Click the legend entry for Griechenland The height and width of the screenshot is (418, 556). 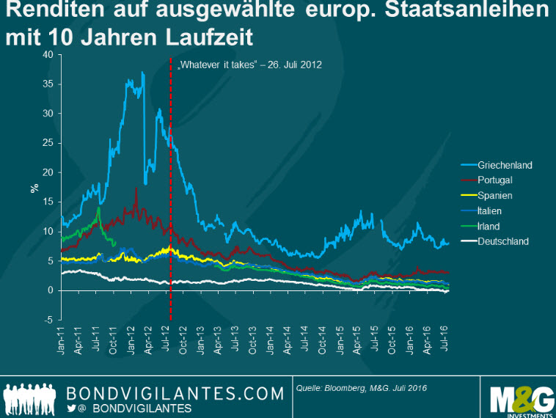tap(505, 165)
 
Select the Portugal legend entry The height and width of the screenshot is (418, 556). tap(494, 180)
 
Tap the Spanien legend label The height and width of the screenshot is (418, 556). tap(494, 196)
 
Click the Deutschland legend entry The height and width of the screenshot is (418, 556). tap(502, 241)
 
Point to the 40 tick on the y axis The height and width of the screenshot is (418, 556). tap(48, 55)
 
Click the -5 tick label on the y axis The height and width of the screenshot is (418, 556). tap(48, 320)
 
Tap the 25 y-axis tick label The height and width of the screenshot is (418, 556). tap(48, 144)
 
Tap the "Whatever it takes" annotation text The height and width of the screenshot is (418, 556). tap(249, 65)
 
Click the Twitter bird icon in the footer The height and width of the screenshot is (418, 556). tap(71, 408)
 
